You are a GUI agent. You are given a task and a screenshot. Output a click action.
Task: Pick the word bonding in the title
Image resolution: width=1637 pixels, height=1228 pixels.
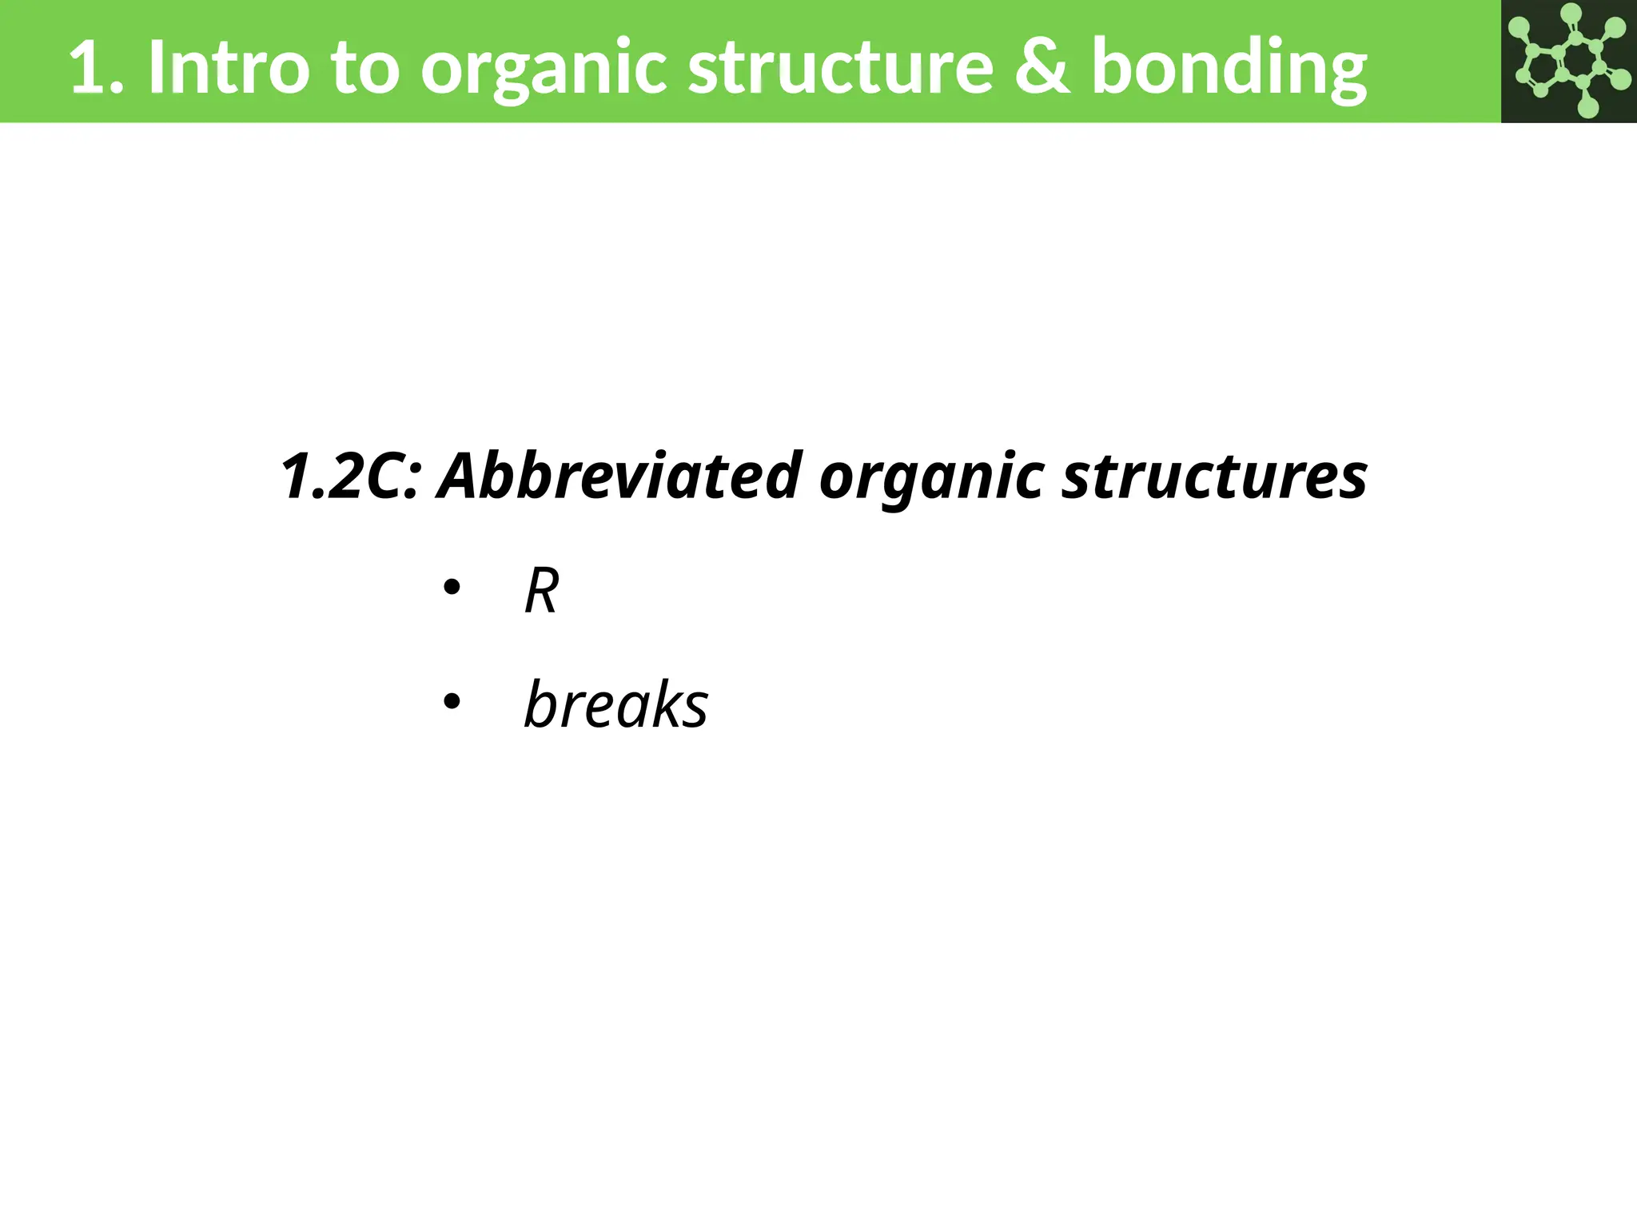tap(1229, 70)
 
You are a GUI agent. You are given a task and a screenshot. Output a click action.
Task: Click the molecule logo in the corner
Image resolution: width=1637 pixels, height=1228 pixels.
tap(1568, 61)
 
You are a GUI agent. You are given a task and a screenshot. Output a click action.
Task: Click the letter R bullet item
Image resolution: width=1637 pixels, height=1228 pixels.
tap(541, 591)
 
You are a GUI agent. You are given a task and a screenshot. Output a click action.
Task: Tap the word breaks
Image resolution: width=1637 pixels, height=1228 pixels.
tap(615, 704)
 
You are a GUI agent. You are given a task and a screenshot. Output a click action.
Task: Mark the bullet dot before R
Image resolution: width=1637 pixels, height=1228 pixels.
tap(452, 588)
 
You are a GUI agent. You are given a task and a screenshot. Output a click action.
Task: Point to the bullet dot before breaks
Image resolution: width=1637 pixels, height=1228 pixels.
tap(452, 702)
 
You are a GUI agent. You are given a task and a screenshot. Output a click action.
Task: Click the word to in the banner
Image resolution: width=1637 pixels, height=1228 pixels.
tap(365, 69)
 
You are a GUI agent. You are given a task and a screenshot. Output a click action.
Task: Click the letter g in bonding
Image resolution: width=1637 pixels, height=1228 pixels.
tap(1344, 76)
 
